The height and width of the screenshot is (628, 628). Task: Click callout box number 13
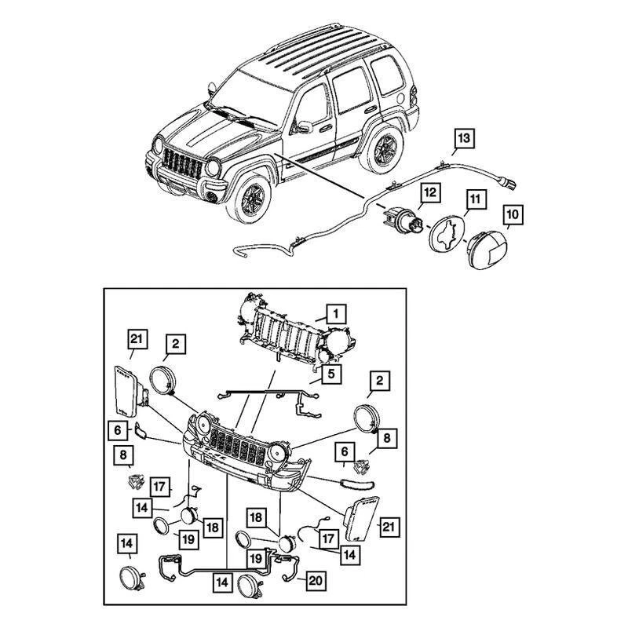tap(464, 140)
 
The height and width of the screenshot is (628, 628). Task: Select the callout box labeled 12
tap(429, 192)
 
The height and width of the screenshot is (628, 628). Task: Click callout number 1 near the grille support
tap(335, 316)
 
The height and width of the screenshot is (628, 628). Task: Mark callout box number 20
tap(315, 582)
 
